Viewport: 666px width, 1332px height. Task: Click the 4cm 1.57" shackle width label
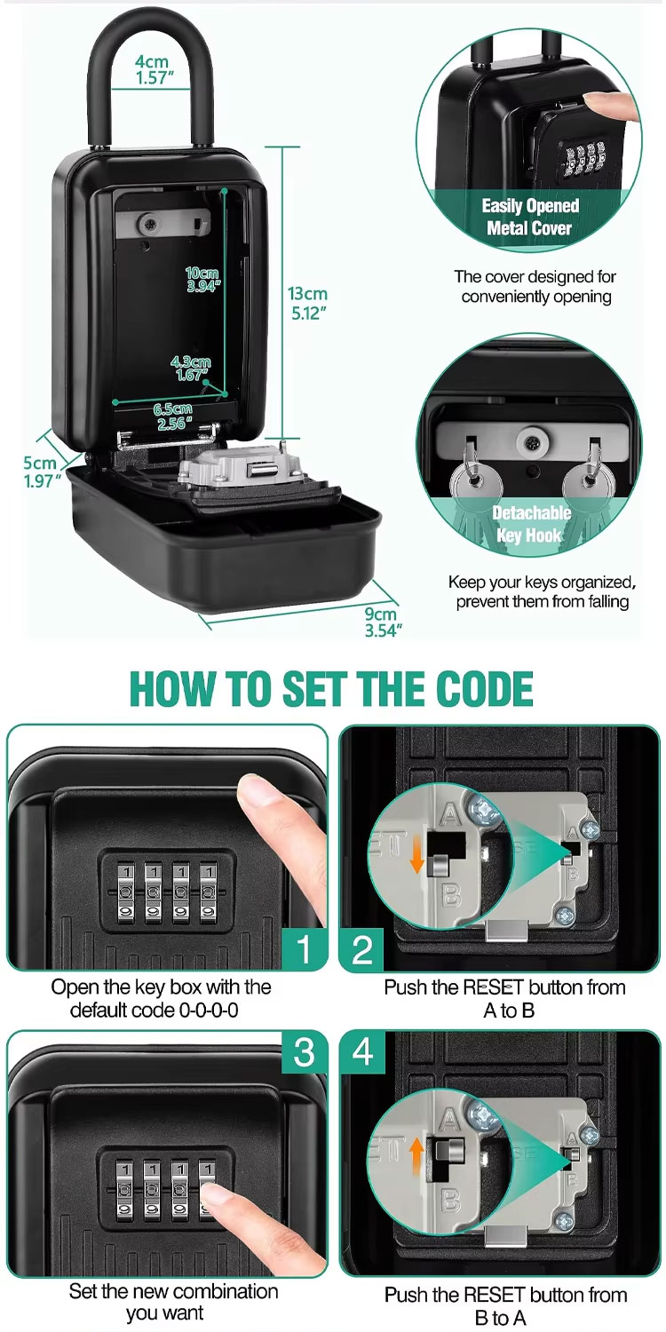(152, 70)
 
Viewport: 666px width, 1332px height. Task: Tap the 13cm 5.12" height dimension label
(307, 304)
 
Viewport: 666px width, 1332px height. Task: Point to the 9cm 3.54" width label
(383, 622)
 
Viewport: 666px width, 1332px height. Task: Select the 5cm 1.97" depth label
(41, 472)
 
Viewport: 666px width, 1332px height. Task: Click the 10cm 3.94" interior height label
(202, 280)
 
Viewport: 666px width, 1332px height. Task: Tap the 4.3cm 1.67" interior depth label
(190, 368)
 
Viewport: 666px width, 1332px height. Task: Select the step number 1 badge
(304, 948)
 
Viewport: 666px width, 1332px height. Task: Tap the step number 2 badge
(362, 949)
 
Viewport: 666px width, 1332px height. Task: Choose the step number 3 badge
(304, 1052)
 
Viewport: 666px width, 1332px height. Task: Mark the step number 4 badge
(362, 1052)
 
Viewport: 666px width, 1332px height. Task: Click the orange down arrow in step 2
(416, 858)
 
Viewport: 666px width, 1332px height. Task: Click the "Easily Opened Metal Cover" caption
(530, 217)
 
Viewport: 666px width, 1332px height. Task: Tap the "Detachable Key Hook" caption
(531, 524)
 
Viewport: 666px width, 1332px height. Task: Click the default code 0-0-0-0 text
(154, 1010)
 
